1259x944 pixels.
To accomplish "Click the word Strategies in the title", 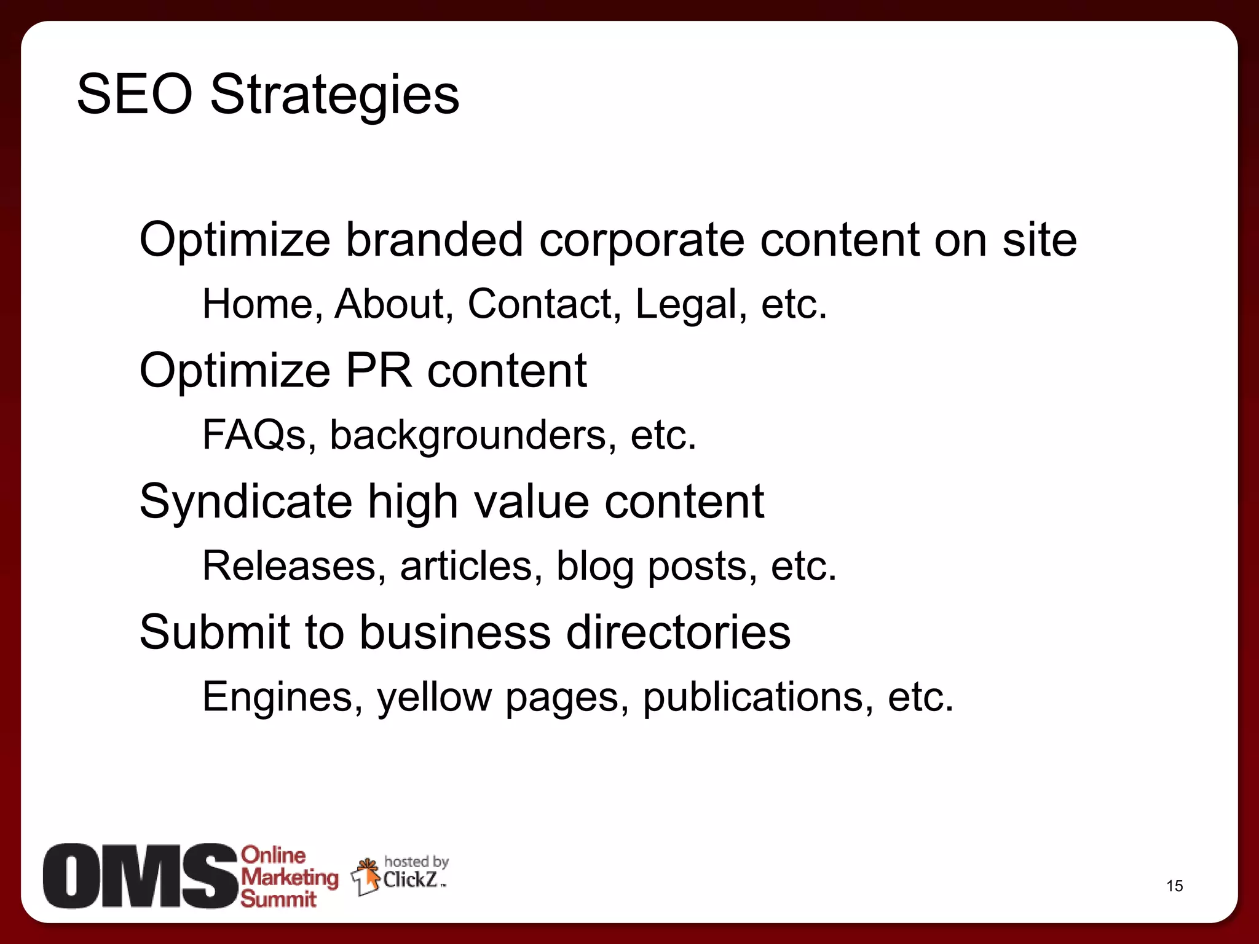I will tap(334, 95).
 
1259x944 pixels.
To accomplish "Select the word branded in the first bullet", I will tap(434, 240).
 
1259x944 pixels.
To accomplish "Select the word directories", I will tap(678, 632).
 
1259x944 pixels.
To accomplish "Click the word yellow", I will tap(434, 698).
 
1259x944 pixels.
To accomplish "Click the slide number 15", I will tap(1174, 886).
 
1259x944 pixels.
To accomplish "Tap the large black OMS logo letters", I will tap(140, 876).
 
